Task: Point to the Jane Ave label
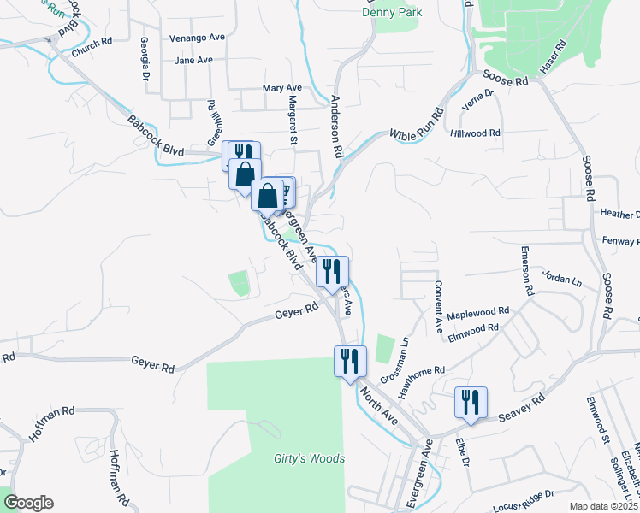193,61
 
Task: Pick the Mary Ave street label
282,88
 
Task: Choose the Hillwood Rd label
476,133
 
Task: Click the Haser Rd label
553,57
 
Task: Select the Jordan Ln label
561,279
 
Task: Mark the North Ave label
379,405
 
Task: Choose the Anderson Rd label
337,128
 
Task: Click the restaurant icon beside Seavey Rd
471,402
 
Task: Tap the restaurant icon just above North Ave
350,360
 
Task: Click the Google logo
28,503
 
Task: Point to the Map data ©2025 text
602,506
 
